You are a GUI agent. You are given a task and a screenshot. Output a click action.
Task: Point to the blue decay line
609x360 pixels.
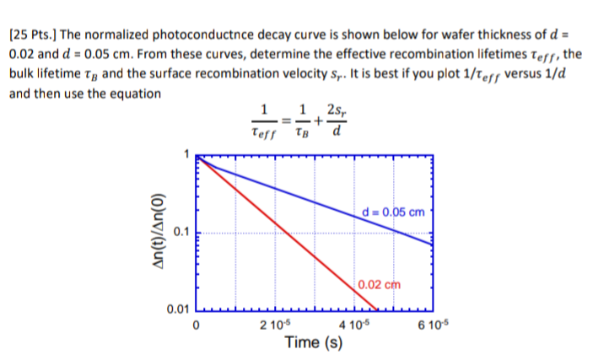click(x=321, y=200)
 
